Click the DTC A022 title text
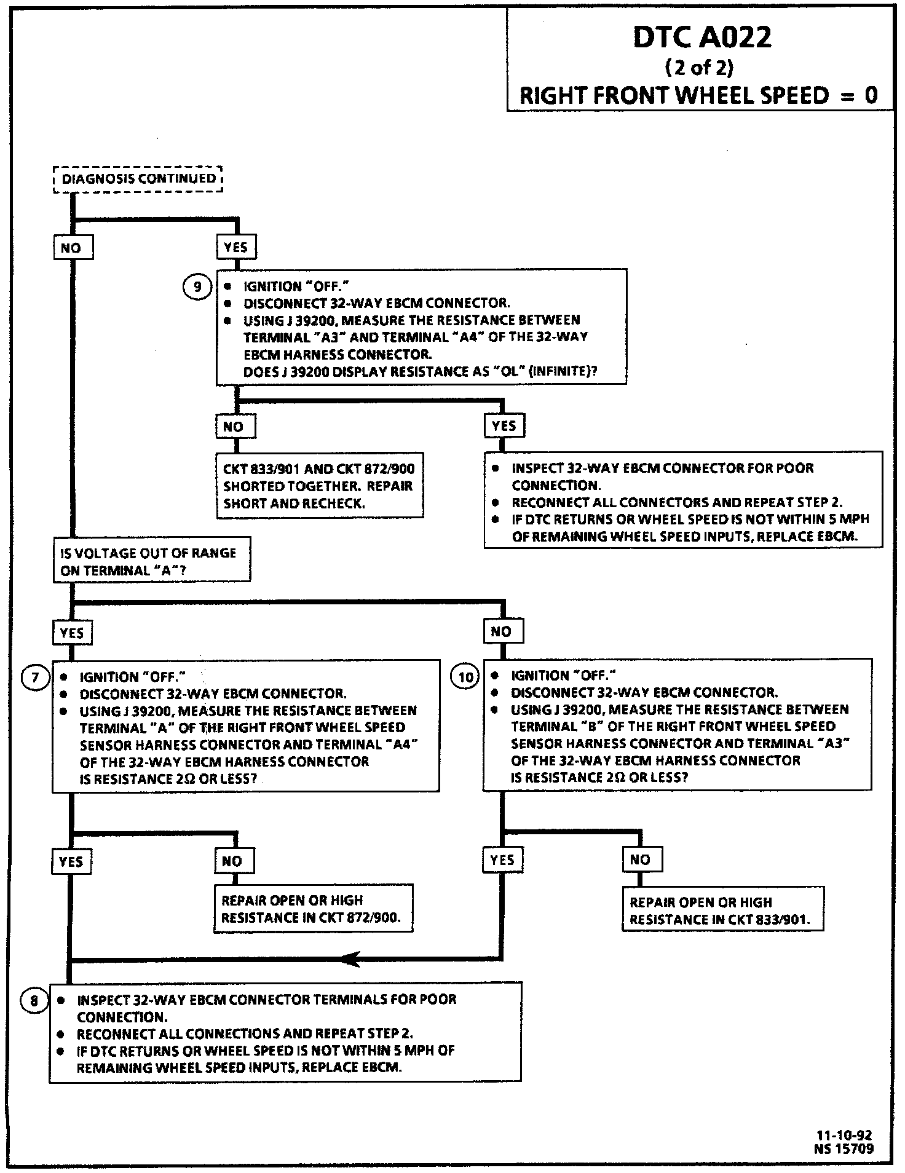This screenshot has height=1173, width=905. (701, 38)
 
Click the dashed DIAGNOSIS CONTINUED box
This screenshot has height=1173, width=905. (138, 179)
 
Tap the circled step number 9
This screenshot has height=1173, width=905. (197, 287)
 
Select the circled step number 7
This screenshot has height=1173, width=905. (34, 677)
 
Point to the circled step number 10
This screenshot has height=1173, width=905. (465, 677)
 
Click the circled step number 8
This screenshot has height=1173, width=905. (34, 1000)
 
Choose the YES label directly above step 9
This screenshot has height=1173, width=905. (235, 248)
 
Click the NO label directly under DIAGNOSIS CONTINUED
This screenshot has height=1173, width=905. (71, 248)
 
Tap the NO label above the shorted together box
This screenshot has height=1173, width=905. (234, 426)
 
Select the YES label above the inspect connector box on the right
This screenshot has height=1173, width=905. (504, 425)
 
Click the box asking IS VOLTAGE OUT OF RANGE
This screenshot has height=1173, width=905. (151, 561)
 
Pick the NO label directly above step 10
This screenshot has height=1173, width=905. (501, 631)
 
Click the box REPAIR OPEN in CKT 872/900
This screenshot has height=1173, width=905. (313, 909)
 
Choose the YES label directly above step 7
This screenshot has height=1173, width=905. (72, 633)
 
